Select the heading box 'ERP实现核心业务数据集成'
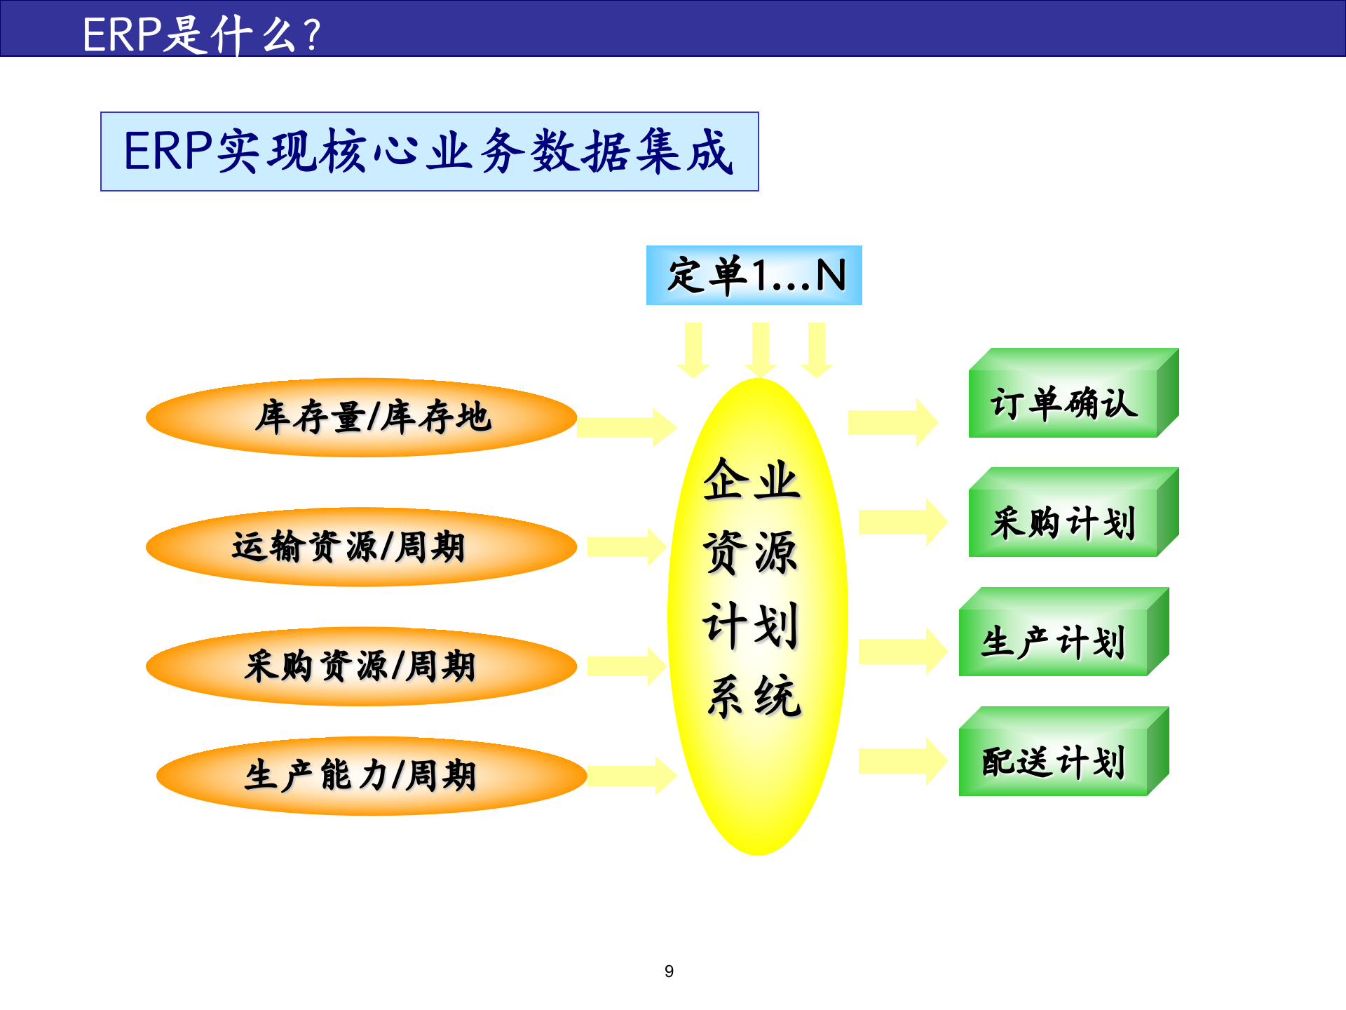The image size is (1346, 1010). (429, 151)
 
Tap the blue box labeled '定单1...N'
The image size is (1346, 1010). (754, 275)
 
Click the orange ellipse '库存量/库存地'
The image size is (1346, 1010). (361, 417)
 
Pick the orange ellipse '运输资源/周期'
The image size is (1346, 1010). (361, 547)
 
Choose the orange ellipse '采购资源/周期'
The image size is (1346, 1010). (361, 666)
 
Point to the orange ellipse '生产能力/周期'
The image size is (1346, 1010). (372, 776)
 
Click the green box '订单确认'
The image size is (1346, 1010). (1063, 403)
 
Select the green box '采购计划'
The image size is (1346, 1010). (1063, 523)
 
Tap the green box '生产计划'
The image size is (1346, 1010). (1054, 642)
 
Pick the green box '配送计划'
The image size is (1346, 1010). (1054, 762)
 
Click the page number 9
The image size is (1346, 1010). (669, 971)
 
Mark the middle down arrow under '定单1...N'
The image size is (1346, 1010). (761, 349)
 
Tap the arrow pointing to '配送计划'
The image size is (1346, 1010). (902, 761)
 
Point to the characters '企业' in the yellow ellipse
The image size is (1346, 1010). (752, 480)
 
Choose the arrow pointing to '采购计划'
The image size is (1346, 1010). (902, 522)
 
